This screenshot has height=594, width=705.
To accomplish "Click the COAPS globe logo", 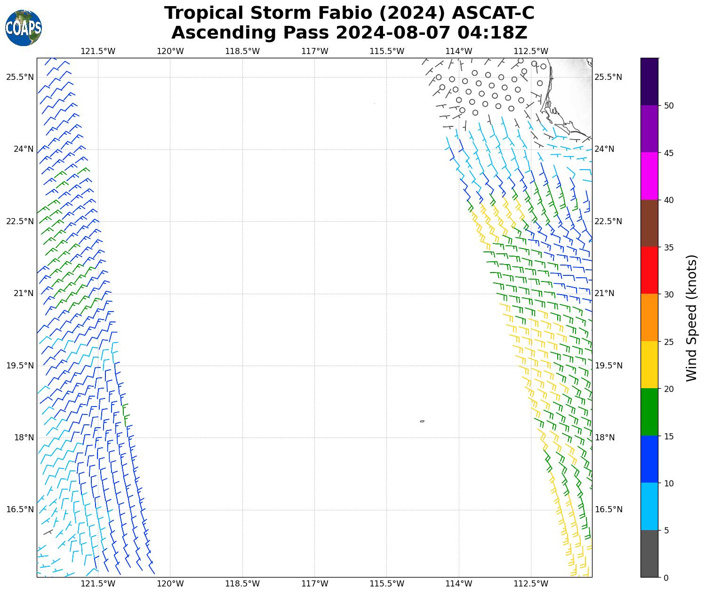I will coord(23,28).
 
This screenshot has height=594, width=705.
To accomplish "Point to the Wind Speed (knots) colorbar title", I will coord(691,318).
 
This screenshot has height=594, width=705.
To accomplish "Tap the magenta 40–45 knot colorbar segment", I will coord(649,176).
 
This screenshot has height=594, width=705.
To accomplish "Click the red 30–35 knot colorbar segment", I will coord(649,271).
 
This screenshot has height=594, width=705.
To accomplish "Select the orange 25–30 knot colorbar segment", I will coord(649,318).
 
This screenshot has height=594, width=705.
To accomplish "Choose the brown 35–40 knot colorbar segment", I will coord(649,223).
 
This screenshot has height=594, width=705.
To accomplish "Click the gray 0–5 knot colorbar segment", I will coord(649,554).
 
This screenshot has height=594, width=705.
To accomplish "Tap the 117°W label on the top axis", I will coord(314,51).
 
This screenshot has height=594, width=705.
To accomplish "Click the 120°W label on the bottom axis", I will coord(170,584).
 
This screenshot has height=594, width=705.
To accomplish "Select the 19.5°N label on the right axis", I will coord(609,366).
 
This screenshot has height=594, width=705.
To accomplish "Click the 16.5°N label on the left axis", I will coord(20,509).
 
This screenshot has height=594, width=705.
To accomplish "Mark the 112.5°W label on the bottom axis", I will coord(531,584).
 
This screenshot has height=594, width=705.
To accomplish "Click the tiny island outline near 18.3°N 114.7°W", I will coord(422,421).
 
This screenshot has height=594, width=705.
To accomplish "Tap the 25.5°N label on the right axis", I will coord(609,77).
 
